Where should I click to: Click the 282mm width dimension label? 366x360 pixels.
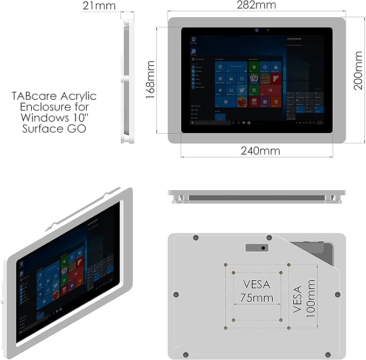click(x=256, y=5)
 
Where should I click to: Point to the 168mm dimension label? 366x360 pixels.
click(x=150, y=80)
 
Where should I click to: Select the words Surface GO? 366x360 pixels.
click(x=54, y=129)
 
